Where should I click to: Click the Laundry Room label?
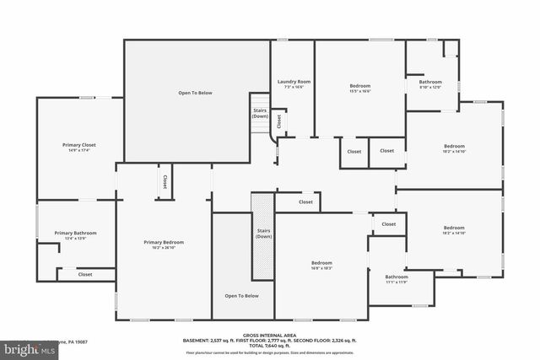(x=294, y=81)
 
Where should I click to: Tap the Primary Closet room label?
(x=79, y=144)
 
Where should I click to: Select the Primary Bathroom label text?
(x=76, y=233)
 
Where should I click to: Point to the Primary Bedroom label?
(x=164, y=242)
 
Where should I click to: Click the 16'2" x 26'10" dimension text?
(x=164, y=248)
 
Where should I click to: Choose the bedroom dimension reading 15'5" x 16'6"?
(x=360, y=91)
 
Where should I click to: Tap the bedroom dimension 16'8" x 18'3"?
(x=321, y=267)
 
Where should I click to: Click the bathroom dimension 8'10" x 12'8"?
(x=430, y=87)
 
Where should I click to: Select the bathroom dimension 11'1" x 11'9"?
(x=397, y=282)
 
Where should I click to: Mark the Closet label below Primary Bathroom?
(x=85, y=274)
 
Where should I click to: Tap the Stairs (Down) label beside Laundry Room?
(x=261, y=112)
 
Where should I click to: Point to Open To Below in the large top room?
(x=194, y=92)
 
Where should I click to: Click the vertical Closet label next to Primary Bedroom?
(x=165, y=181)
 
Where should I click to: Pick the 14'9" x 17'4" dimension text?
(x=79, y=150)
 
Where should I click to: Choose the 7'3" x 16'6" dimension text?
(x=294, y=87)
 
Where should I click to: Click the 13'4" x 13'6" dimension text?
(x=76, y=239)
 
